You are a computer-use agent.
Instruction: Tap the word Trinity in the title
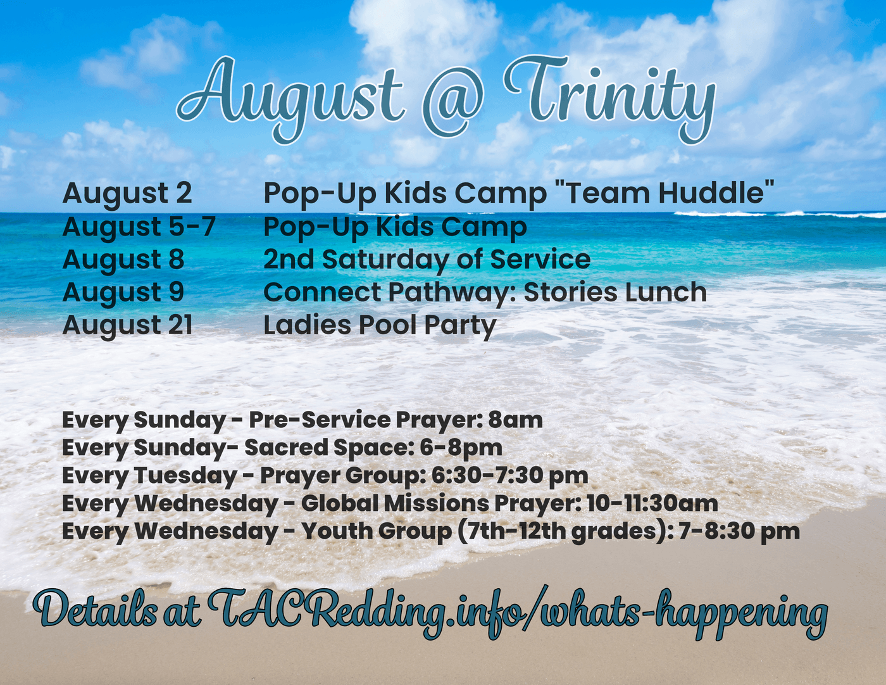[x=609, y=100]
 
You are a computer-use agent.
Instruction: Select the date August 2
[x=127, y=194]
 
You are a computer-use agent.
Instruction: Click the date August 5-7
[x=139, y=227]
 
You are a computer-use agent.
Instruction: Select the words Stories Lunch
[x=615, y=292]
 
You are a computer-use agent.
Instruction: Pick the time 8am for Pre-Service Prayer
[x=515, y=420]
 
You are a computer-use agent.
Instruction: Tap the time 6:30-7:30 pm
[x=509, y=475]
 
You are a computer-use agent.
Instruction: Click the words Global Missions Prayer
[x=440, y=503]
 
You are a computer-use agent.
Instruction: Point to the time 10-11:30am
[x=652, y=503]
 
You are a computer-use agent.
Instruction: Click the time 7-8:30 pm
[x=739, y=532]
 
